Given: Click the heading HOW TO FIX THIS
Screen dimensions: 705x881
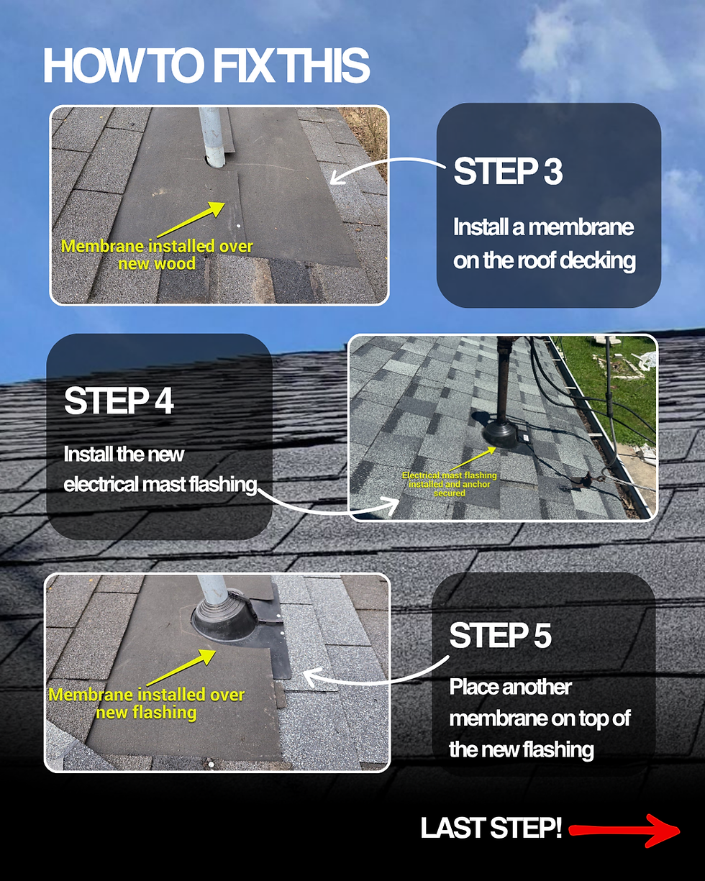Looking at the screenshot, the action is (x=206, y=65).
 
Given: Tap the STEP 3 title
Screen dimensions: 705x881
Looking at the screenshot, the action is (x=508, y=171).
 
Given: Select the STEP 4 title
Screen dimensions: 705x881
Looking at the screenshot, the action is (x=119, y=401).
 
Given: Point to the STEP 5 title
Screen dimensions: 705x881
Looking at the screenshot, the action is (x=500, y=635).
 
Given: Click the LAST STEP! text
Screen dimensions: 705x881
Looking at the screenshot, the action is (x=491, y=828).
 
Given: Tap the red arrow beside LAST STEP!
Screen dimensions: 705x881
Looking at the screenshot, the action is (x=624, y=831).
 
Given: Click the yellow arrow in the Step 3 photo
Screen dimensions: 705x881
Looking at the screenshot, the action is (x=191, y=219).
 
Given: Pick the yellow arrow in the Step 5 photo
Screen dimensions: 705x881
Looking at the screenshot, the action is (x=181, y=667).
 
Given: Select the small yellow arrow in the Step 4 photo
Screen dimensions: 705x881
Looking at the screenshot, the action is (x=473, y=459).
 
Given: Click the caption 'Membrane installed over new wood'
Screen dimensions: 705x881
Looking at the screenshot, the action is (x=157, y=255).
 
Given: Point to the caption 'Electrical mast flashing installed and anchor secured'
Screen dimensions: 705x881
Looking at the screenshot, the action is (x=450, y=484).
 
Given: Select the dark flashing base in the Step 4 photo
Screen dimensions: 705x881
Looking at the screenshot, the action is (x=500, y=434).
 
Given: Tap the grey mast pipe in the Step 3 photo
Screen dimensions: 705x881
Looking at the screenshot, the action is (x=213, y=137).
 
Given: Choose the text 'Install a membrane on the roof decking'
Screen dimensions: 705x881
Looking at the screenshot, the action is (x=545, y=244).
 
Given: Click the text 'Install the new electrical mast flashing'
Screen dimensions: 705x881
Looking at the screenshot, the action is (x=160, y=469).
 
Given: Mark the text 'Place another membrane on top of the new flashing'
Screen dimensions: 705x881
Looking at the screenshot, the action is (x=540, y=718).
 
